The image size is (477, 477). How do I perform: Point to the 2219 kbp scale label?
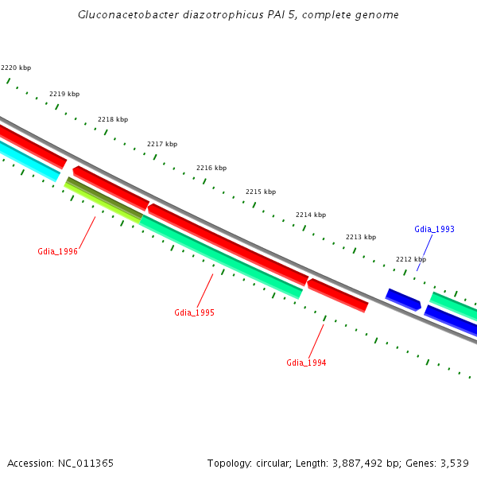(x=64, y=94)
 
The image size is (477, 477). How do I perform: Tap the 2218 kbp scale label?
(x=113, y=119)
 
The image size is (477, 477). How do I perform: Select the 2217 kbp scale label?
(x=162, y=144)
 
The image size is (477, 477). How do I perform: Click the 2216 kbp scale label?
(x=211, y=168)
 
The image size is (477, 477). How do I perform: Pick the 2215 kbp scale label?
(x=261, y=192)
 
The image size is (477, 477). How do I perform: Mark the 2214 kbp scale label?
(x=311, y=215)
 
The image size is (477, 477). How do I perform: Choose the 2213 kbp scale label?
(x=361, y=237)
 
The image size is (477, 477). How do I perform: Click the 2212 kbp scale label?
(x=411, y=259)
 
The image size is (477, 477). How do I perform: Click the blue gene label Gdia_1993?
(x=434, y=229)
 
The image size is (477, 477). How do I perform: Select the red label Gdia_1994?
(x=306, y=363)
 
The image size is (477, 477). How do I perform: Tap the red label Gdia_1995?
(x=194, y=312)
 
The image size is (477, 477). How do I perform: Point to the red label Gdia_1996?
(x=58, y=251)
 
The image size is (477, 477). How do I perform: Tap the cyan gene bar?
(x=29, y=160)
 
